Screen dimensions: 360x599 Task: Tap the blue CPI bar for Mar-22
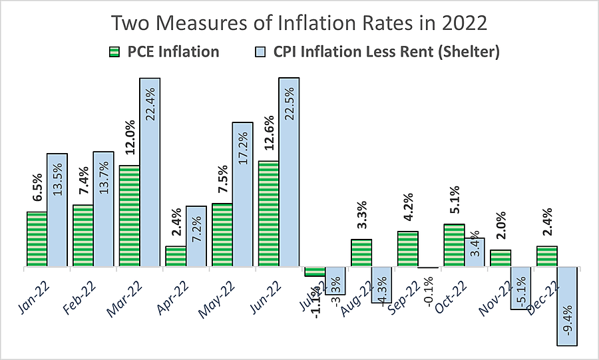[x=150, y=173]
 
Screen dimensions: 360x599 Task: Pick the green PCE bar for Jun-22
[x=268, y=214]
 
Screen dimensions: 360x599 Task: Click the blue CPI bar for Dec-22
[x=567, y=306]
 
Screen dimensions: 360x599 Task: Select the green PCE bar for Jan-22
[x=37, y=240]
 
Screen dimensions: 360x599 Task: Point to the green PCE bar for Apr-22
[x=176, y=257]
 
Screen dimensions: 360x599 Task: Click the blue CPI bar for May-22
[x=242, y=195]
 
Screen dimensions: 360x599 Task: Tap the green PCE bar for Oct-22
[x=454, y=246]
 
